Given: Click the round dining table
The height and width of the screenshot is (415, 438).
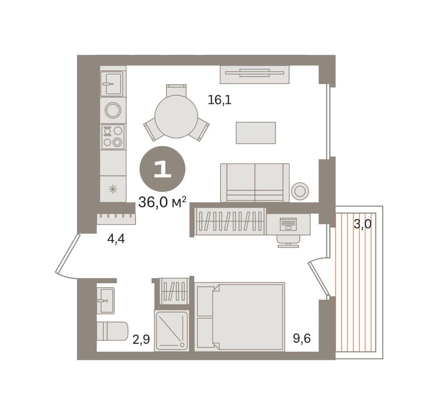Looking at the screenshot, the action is click(176, 117).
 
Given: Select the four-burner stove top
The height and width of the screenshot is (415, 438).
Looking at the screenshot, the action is click(113, 136).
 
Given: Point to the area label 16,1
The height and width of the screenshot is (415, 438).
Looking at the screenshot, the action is click(219, 100).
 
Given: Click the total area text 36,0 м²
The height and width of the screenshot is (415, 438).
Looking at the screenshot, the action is click(162, 202).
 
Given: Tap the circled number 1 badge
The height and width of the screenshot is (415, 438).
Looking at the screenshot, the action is click(162, 169).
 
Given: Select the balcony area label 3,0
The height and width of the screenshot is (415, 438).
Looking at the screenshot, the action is click(362, 224).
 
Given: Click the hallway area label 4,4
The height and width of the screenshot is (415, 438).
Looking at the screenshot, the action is click(116, 239).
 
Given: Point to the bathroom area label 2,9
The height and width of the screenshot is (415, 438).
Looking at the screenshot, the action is click(141, 340).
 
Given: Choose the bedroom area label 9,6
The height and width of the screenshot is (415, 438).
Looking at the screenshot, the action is click(302, 338).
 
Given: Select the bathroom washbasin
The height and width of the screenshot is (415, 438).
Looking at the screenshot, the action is click(106, 300).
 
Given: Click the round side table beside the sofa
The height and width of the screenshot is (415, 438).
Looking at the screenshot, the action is click(300, 192).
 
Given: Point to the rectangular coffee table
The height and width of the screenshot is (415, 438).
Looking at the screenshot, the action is click(256, 133).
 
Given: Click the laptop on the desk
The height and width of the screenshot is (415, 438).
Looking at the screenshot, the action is click(288, 224).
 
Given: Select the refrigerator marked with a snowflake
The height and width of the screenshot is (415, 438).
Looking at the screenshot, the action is click(113, 189).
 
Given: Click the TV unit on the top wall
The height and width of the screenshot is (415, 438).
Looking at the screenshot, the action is click(255, 75).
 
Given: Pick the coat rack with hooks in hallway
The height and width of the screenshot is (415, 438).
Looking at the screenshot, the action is click(116, 219).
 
